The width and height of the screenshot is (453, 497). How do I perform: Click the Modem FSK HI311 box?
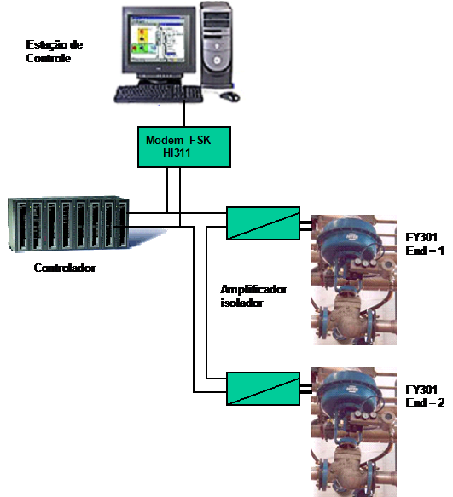[184, 147]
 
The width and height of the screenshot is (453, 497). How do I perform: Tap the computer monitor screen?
[158, 39]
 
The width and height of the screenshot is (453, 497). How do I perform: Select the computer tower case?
[217, 44]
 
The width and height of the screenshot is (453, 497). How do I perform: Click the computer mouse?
[230, 96]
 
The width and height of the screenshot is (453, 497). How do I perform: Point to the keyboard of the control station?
[159, 94]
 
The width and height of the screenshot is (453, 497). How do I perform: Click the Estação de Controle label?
[55, 51]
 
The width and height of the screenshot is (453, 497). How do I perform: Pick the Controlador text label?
[65, 268]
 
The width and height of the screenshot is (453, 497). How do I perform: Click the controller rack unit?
[68, 224]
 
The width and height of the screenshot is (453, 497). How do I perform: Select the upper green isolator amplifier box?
[263, 223]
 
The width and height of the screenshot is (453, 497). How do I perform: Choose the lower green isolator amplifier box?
[263, 389]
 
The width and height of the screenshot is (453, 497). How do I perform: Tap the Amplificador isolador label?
[253, 296]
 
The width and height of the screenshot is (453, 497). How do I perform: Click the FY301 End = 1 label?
[425, 244]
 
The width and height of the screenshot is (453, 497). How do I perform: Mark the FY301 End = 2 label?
[425, 396]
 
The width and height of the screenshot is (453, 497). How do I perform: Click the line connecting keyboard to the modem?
[184, 114]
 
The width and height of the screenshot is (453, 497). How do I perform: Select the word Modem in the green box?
[165, 140]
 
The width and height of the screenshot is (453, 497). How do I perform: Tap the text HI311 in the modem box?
[177, 153]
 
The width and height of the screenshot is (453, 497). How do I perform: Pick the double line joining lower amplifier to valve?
[305, 389]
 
